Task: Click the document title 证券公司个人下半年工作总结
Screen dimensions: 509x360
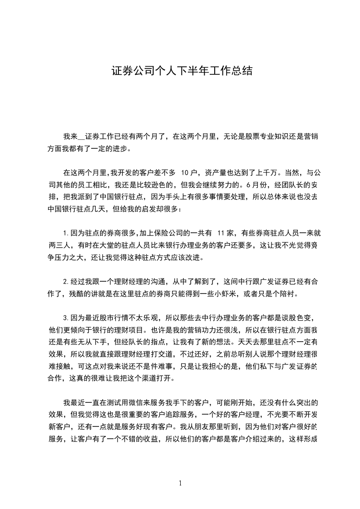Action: click(182, 71)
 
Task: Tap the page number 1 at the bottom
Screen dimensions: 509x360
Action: click(180, 483)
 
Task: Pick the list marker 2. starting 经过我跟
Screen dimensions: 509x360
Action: click(66, 282)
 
